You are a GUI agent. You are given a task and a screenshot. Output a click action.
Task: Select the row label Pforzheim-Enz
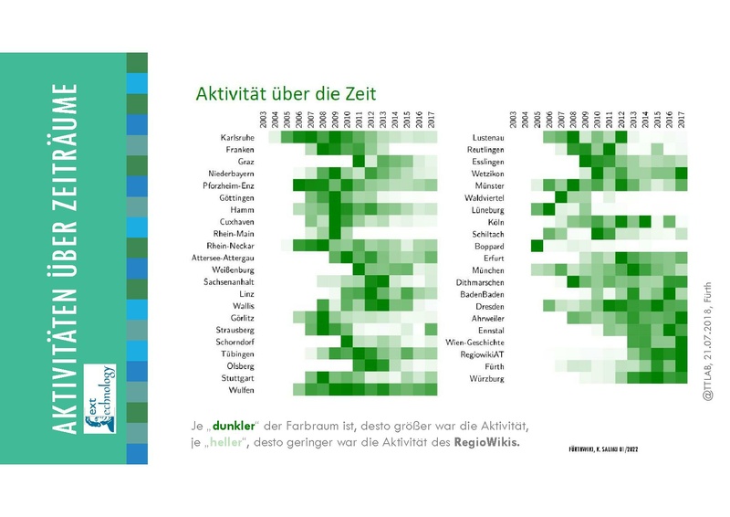coord(228,185)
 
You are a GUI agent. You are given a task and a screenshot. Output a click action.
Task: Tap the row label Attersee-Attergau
coord(222,258)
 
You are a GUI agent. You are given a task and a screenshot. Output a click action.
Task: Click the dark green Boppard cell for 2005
coord(537,246)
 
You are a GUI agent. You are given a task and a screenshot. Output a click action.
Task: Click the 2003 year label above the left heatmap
coord(262,119)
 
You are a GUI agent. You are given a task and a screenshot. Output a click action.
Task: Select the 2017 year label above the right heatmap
coord(681,119)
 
